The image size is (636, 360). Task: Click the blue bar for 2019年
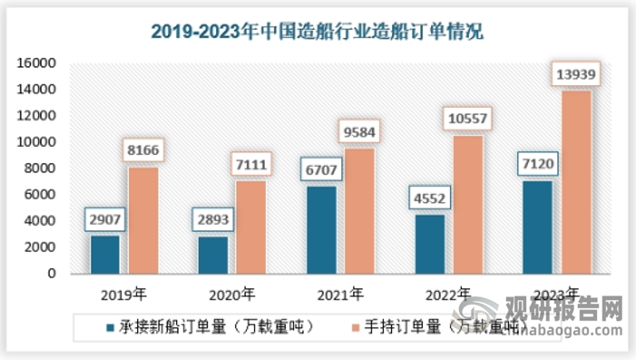[x=104, y=254]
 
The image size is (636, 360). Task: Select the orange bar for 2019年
[x=142, y=219]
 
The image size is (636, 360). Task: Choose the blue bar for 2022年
[x=430, y=243]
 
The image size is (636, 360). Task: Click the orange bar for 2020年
[x=251, y=227]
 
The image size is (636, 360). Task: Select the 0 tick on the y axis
[x=53, y=273]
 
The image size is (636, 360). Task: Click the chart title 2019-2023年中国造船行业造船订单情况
[x=318, y=32]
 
